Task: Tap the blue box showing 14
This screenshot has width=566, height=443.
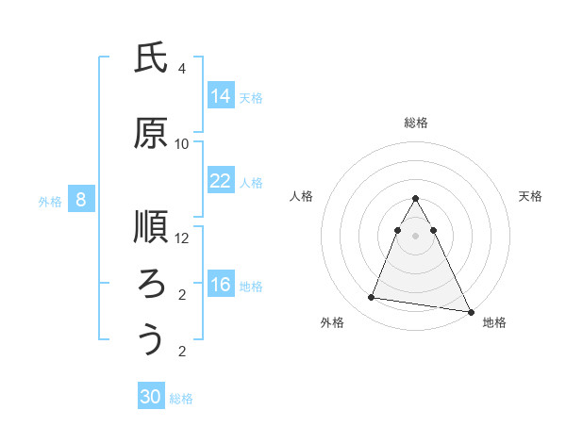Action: coord(221,95)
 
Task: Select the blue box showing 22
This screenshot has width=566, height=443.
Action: coord(221,181)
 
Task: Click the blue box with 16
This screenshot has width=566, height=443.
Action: coord(221,286)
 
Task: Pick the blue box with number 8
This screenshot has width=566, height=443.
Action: coord(81,200)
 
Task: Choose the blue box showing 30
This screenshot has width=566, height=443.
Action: coord(151,397)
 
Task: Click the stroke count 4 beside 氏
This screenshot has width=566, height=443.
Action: coord(182,69)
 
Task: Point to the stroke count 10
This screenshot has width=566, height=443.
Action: coord(182,144)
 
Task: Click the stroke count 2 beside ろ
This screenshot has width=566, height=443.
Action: coord(182,295)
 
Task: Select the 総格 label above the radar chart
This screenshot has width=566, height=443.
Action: coord(416,123)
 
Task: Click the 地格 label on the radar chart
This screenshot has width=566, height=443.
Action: coord(494,322)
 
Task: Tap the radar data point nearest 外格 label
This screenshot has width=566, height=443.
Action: coord(372,298)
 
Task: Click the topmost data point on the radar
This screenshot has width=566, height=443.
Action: coord(416,199)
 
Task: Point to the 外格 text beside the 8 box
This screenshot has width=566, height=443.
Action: coord(49,201)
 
